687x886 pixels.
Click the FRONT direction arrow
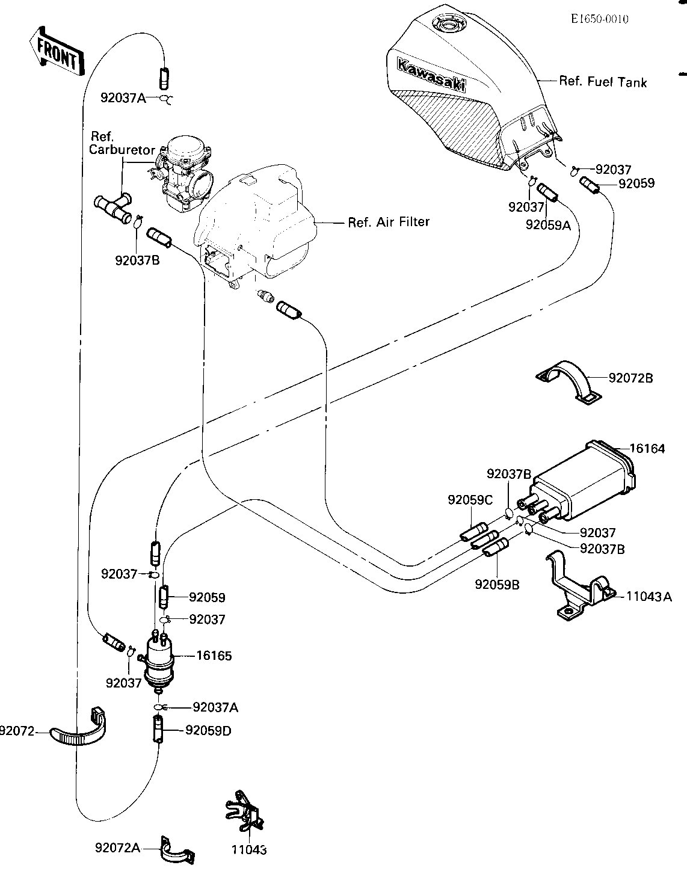tap(57, 52)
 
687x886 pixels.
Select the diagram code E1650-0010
tap(599, 19)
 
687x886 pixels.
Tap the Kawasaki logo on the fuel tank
tap(431, 75)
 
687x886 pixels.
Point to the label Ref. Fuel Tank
tap(603, 82)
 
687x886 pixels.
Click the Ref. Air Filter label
tap(389, 222)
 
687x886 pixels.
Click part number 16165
tap(214, 656)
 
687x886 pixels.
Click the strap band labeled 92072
tap(78, 731)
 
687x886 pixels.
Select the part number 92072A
tap(117, 848)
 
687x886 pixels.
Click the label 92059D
tap(208, 731)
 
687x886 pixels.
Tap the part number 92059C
tap(470, 500)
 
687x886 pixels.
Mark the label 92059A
tap(549, 225)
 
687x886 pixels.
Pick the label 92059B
tap(498, 585)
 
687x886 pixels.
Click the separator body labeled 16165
tap(159, 661)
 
